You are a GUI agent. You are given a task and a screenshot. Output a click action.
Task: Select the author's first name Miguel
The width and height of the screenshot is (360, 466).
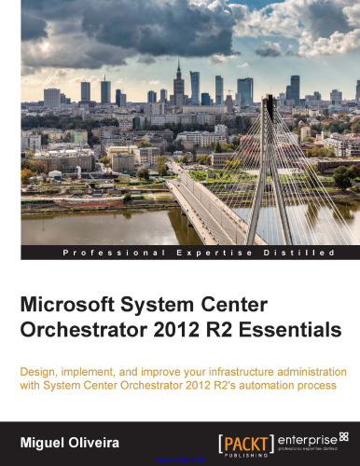coord(48,438)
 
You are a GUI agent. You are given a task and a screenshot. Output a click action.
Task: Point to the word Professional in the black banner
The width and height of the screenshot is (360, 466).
coord(106,253)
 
